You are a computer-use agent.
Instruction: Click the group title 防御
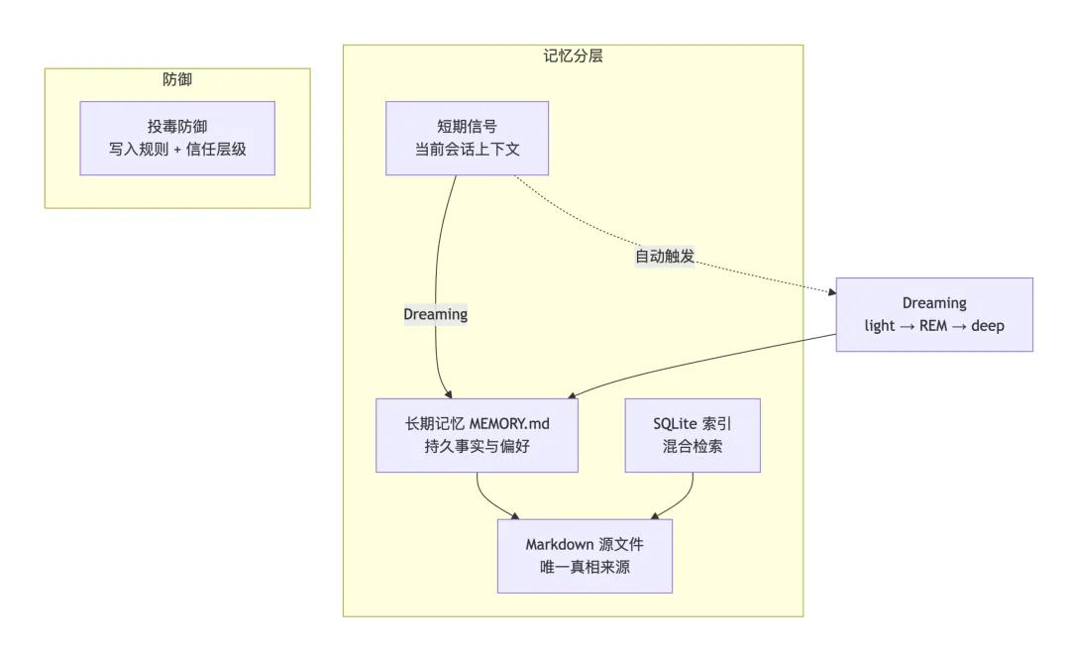177,79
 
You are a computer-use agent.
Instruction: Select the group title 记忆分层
574,55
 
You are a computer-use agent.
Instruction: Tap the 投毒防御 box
177,139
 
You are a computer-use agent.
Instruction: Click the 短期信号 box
468,139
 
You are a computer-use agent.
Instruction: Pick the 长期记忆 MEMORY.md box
477,436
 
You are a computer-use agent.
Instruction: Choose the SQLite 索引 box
693,436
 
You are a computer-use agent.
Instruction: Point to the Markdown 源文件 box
585,556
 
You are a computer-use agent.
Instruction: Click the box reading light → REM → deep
934,315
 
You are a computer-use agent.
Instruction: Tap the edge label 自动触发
665,257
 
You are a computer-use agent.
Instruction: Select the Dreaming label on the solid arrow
435,315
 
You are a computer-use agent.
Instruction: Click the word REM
933,326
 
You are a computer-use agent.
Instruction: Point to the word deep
988,326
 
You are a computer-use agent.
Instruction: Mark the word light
880,326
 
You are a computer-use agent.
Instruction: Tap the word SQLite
675,424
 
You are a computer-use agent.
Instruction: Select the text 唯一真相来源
585,568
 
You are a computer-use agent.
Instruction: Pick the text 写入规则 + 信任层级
177,150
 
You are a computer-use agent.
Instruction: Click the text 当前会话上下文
468,150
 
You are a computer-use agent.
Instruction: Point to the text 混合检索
693,447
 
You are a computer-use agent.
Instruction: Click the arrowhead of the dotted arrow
832,292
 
